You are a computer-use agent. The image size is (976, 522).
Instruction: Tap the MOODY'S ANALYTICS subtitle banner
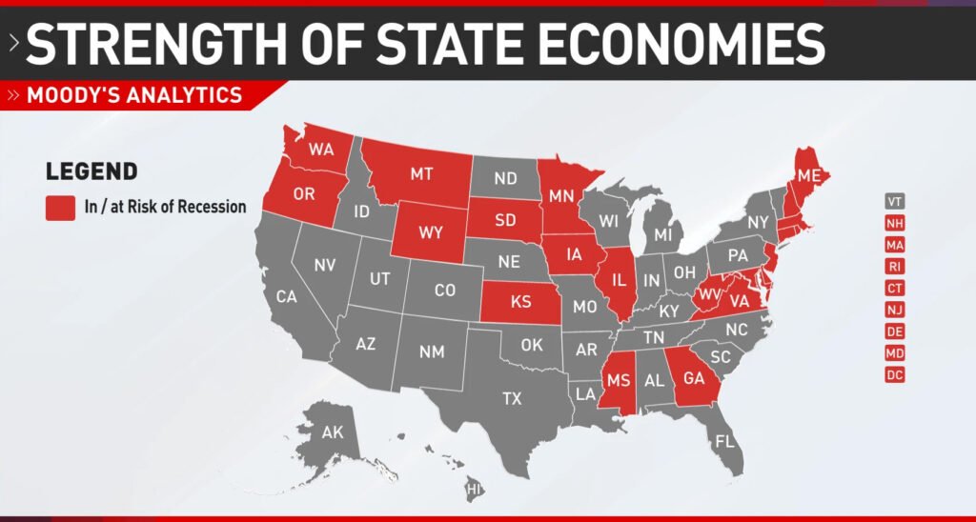coord(134,95)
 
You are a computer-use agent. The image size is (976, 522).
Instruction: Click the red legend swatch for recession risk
coord(60,207)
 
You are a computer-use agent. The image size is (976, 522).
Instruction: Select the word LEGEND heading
coord(91,171)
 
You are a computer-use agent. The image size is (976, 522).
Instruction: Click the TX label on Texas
coord(512,398)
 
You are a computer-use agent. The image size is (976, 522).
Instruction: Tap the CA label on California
coord(286,296)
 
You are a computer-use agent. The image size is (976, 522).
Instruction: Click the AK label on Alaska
coord(332,432)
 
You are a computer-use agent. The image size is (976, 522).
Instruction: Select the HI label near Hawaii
coord(473,490)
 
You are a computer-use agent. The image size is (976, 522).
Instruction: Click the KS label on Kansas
coord(520,301)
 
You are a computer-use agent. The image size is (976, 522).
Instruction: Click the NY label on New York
coord(759,222)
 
